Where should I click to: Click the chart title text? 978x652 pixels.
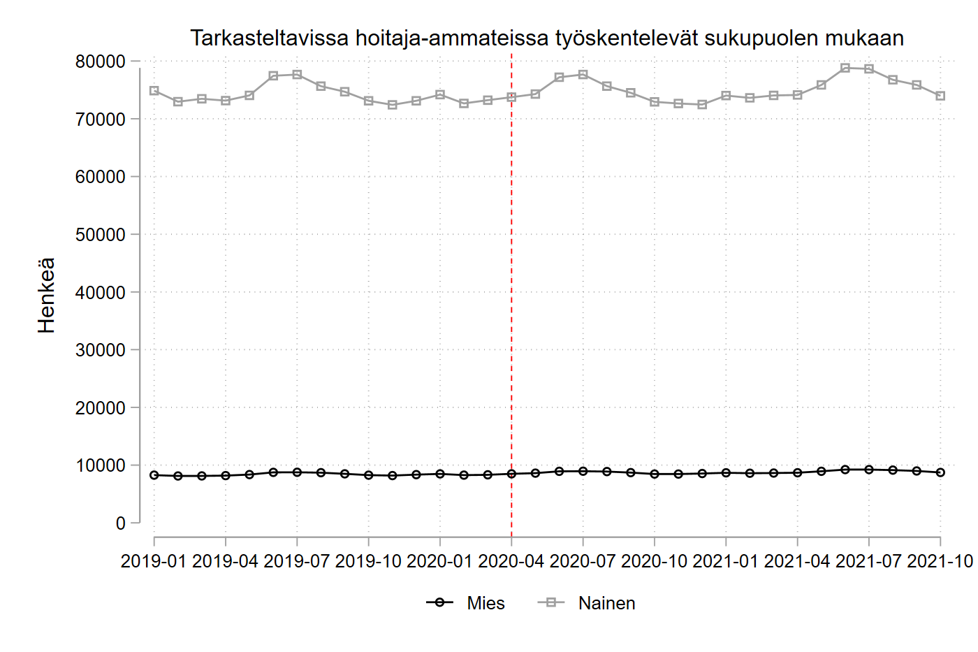coord(547,38)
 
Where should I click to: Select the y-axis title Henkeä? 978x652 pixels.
coord(47,295)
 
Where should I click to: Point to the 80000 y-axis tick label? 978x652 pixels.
coord(101,61)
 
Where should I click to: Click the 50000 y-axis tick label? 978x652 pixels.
coord(101,235)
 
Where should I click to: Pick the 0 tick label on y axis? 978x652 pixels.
coord(121,523)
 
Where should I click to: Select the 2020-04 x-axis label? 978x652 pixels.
coord(511,561)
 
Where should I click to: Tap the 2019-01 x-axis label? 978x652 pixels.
coord(154,561)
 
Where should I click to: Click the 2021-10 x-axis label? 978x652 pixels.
coord(940,561)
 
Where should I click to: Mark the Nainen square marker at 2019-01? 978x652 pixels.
coord(154,91)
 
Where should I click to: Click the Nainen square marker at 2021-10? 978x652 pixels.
coord(940,96)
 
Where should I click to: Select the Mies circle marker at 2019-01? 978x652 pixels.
coord(154,475)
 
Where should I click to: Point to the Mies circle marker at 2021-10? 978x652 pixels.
coord(940,472)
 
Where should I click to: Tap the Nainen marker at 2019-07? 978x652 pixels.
coord(298,75)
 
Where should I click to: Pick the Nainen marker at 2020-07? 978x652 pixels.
coord(583,75)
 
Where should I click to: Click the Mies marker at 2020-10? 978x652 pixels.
coord(655,474)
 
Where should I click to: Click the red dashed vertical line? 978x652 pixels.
coord(511,280)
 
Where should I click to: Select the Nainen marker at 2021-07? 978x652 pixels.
coord(869,69)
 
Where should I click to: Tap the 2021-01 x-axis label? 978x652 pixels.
coord(726,561)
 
